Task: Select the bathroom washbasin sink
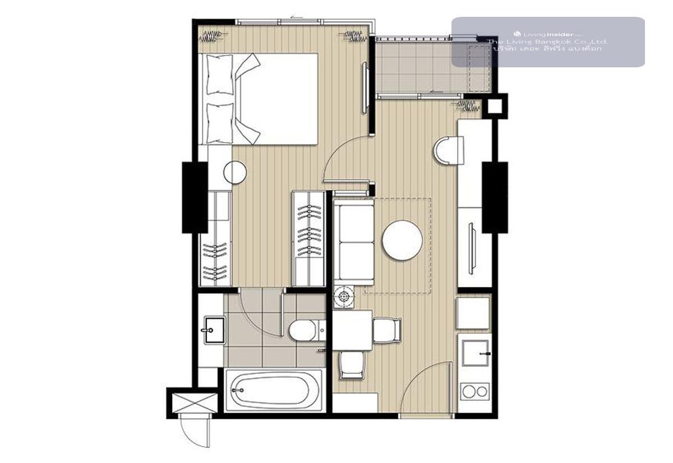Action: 214,330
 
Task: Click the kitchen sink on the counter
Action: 476,352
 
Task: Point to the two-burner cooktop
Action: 474,392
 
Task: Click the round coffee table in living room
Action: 402,240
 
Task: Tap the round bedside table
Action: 235,172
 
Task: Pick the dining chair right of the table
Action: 387,330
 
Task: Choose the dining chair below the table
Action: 352,365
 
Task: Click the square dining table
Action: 352,330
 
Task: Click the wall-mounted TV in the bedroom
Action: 365,88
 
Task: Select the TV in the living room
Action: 472,248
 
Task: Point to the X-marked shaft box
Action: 195,402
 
